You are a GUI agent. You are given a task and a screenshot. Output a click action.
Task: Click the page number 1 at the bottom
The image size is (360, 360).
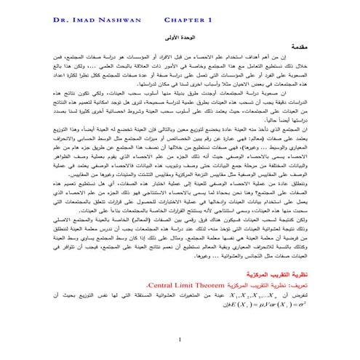[179, 340]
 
